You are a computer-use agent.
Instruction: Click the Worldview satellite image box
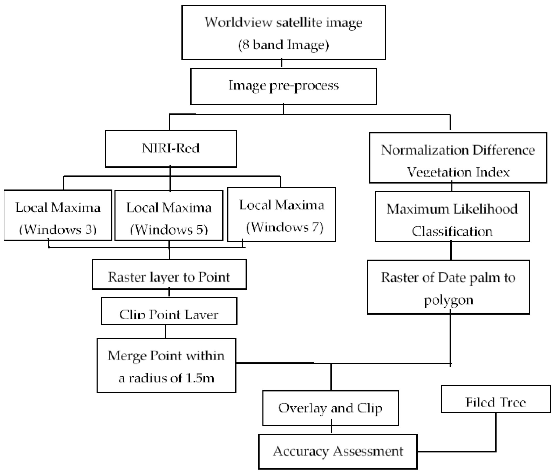[x=283, y=32]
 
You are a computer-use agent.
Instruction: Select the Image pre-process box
[x=283, y=86]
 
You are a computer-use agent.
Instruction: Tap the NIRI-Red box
[x=171, y=149]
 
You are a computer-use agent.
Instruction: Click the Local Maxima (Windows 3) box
[x=58, y=215]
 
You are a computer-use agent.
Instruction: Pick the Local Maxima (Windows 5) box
[x=169, y=215]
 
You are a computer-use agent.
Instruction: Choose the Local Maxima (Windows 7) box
[x=281, y=215]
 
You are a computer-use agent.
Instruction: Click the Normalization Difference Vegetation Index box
[x=458, y=158]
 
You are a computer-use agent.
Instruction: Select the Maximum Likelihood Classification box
[x=452, y=216]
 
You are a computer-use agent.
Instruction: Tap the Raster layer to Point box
[x=169, y=274]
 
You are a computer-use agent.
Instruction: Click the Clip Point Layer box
[x=169, y=311]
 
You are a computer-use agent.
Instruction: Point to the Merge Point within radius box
[x=166, y=365]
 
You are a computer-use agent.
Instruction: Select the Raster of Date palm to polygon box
[x=448, y=287]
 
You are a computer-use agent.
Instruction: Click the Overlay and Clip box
[x=330, y=408]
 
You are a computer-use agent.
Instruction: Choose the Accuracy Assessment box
[x=338, y=451]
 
